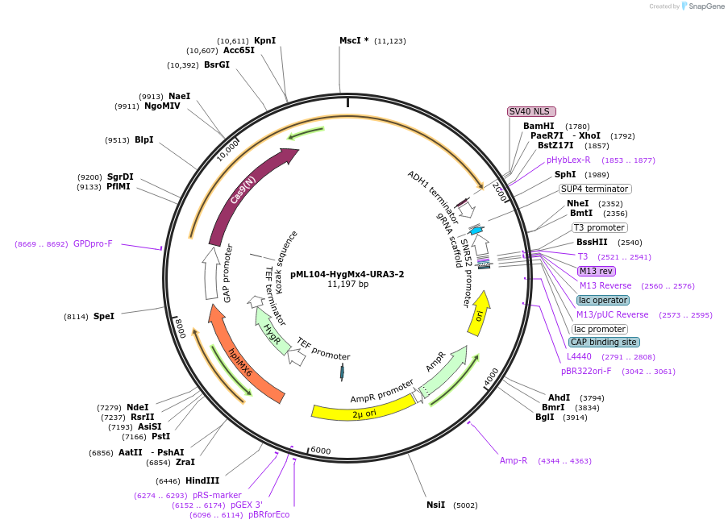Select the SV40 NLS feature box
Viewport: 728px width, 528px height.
531,111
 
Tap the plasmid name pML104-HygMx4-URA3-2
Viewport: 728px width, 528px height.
347,274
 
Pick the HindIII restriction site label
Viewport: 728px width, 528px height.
202,480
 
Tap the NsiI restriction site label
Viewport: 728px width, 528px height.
435,505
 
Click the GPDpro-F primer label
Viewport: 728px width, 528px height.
93,243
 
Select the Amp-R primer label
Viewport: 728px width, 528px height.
514,460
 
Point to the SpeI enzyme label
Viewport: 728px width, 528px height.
103,317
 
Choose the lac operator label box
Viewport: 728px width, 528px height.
602,300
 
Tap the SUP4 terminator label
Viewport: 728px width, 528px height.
595,189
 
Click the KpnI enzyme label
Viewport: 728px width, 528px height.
264,40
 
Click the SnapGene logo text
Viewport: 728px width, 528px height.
704,6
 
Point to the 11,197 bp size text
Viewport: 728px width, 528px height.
347,285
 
